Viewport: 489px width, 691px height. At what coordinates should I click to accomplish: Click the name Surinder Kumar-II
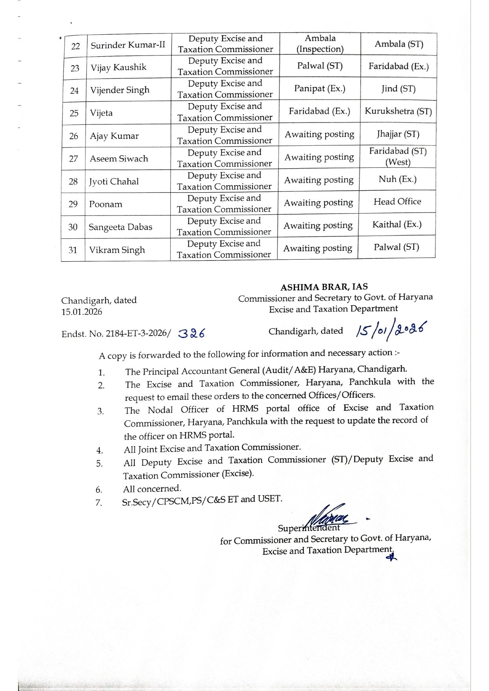128,45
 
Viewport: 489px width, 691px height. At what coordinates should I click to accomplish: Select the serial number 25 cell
74,113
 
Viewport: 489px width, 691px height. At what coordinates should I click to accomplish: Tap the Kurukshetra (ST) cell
398,111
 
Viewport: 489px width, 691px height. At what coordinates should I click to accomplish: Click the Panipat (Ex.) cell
320,88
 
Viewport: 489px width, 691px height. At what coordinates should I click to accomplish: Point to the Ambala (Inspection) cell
320,43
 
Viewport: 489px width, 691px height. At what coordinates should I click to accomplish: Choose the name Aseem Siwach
119,158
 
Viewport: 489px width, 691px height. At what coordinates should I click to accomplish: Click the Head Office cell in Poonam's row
397,201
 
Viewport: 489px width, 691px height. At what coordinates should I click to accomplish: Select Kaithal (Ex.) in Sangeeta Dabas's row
397,224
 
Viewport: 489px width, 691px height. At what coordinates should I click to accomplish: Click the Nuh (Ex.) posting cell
397,179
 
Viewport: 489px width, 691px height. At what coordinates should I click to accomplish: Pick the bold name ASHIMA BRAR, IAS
324,286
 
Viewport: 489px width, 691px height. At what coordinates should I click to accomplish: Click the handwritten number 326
192,334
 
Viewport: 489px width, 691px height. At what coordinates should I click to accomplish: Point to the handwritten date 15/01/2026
391,329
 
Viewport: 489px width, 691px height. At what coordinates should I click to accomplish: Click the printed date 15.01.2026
82,312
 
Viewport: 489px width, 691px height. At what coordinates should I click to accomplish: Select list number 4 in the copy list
100,450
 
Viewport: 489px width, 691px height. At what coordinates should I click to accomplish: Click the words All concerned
152,489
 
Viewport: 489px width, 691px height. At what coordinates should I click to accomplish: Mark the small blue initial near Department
391,557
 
